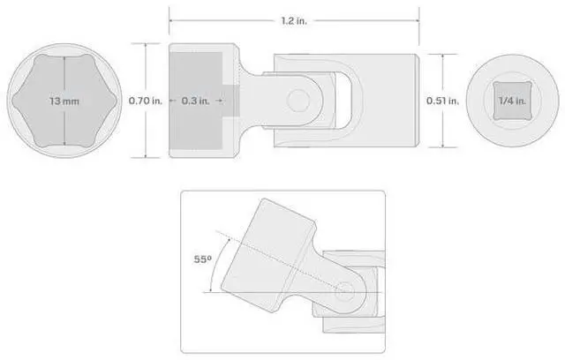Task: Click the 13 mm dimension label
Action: [x=64, y=101]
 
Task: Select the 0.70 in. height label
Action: [x=146, y=101]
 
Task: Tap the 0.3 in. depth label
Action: [x=195, y=101]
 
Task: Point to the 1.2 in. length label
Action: [x=294, y=21]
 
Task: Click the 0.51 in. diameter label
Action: [x=443, y=101]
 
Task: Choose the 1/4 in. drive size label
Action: [x=512, y=101]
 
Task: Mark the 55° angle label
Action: [x=203, y=259]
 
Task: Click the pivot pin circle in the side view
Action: [x=298, y=100]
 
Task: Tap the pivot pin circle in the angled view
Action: [x=344, y=292]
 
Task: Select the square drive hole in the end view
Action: [x=512, y=101]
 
